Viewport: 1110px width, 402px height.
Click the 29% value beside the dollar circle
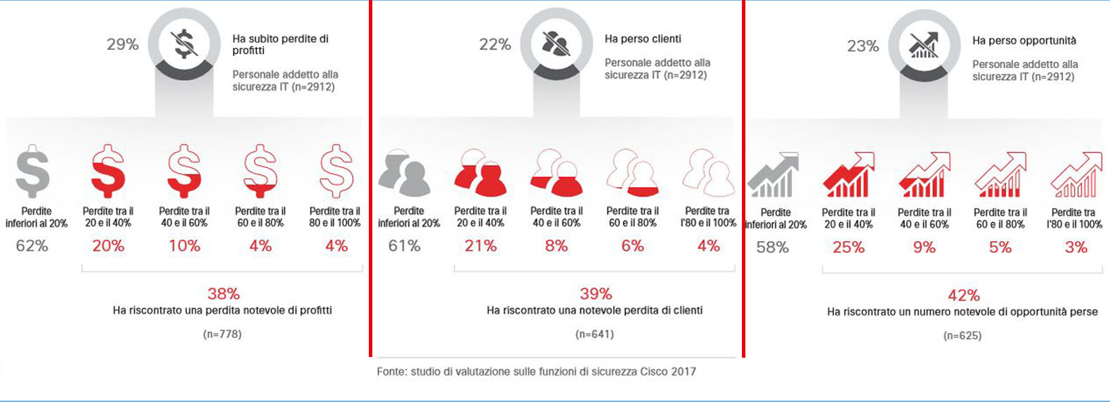point(122,44)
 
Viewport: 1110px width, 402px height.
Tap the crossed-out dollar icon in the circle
point(184,44)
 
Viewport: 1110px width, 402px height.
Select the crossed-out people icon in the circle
point(556,44)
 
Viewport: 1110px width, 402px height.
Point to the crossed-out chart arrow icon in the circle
point(923,45)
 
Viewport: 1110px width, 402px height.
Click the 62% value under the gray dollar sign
point(32,246)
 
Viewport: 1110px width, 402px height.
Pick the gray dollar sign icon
point(33,171)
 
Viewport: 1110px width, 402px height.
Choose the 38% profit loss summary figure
point(223,294)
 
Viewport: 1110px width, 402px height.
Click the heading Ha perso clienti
point(643,39)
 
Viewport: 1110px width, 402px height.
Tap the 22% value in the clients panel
point(495,44)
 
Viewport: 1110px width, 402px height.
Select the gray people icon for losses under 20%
point(405,173)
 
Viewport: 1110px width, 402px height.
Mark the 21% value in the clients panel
point(481,246)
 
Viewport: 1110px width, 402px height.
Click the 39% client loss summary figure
point(596,294)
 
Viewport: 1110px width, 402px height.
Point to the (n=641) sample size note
point(594,335)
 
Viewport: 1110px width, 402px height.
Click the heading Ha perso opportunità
point(1024,41)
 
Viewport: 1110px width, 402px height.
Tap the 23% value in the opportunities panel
point(863,46)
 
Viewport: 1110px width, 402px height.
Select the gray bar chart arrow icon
point(773,176)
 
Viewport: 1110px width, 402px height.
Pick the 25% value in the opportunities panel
point(849,247)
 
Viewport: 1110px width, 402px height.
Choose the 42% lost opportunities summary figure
point(964,295)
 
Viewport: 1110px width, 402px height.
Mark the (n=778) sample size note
point(222,335)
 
